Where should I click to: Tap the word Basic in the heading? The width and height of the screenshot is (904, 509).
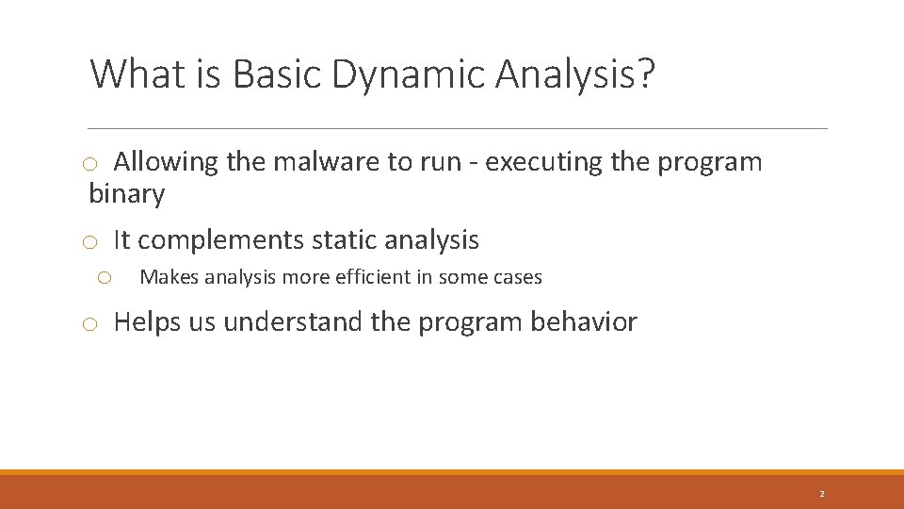tap(279, 74)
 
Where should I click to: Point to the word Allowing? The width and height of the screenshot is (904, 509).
tap(166, 162)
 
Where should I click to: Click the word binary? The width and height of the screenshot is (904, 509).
tap(126, 195)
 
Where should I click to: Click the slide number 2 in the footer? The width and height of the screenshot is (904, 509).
tap(821, 494)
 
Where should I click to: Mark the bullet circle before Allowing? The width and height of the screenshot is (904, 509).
tap(89, 165)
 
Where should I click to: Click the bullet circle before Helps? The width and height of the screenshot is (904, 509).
tap(89, 325)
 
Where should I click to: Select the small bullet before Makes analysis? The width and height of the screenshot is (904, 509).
tap(105, 278)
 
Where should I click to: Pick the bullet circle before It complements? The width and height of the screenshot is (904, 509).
tap(89, 243)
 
